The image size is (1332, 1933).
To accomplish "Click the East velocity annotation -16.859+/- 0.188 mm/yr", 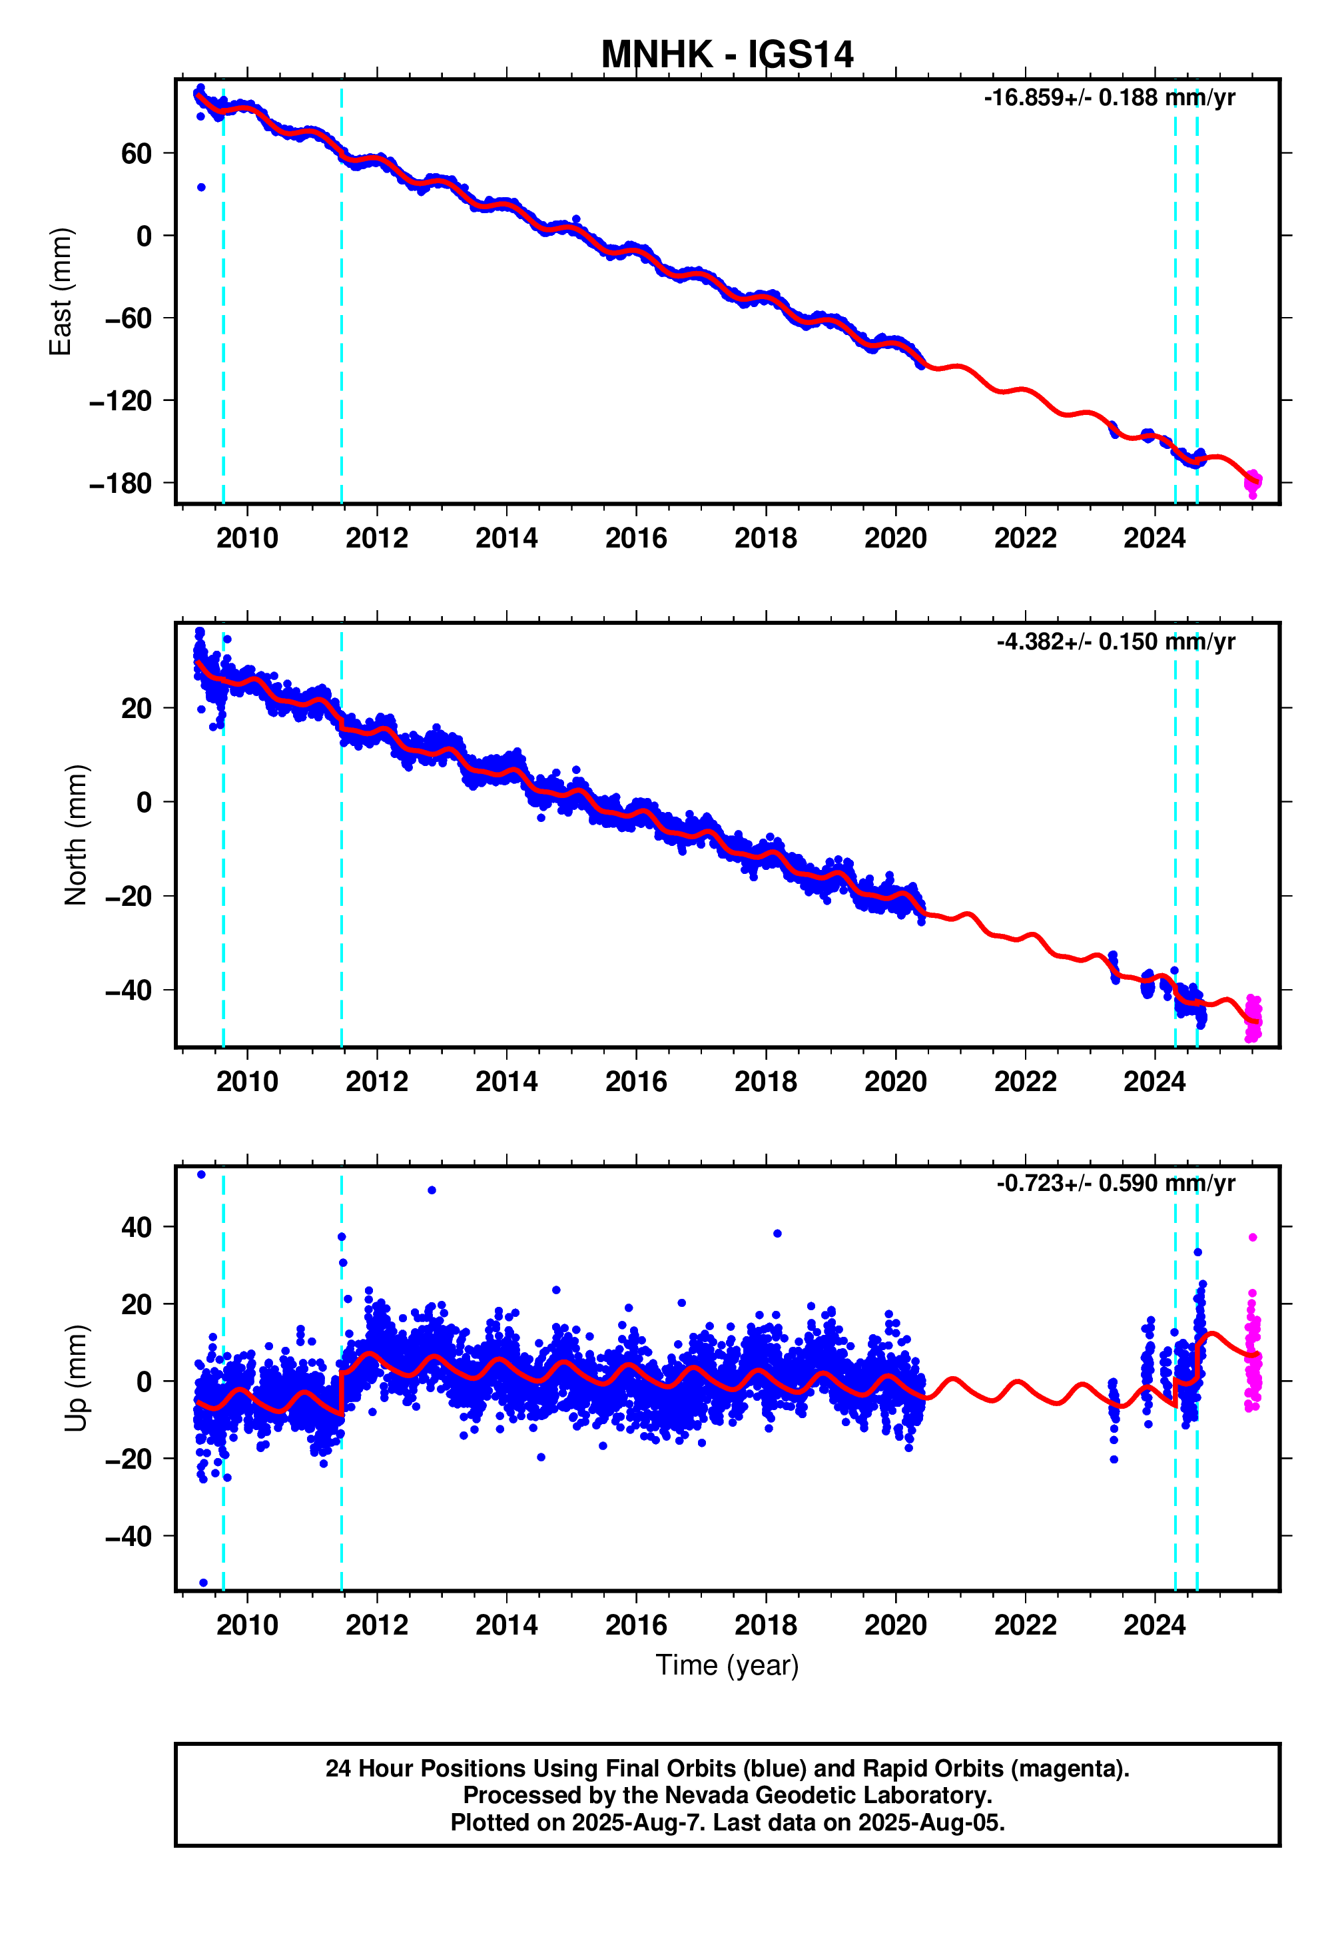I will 1109,99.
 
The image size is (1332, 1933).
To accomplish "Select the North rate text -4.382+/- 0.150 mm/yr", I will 1115,642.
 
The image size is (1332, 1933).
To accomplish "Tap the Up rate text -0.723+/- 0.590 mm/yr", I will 1115,1184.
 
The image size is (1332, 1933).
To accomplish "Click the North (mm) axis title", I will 75,835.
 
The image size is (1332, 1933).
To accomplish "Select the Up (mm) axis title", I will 75,1377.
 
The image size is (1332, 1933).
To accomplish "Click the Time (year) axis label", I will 727,1665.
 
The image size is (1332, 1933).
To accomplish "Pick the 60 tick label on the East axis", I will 136,154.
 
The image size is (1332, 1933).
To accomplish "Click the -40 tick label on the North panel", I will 129,990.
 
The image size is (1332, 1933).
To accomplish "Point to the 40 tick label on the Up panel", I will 136,1228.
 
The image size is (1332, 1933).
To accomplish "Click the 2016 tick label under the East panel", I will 636,538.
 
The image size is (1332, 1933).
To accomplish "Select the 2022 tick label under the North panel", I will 1025,1082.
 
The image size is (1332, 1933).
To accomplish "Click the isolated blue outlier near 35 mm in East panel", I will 201,188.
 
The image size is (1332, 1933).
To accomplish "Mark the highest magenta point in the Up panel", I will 1253,1238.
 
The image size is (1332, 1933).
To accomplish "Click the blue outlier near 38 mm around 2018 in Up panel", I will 777,1234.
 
